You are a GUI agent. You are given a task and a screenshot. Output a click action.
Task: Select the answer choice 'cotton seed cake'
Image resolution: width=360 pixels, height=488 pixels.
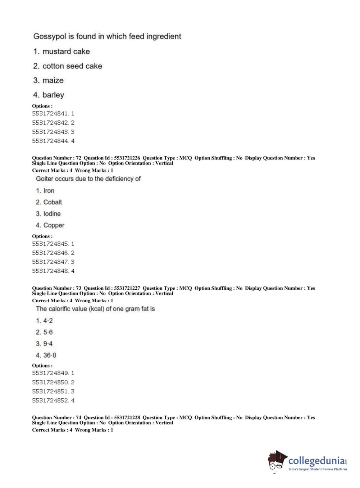[72, 66]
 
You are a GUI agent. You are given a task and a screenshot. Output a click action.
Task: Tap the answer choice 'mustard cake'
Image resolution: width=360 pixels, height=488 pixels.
[66, 51]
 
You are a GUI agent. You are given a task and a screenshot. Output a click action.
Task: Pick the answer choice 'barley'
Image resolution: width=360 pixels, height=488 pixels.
[53, 95]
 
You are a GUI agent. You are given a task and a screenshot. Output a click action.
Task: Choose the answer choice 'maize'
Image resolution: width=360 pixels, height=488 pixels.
[53, 81]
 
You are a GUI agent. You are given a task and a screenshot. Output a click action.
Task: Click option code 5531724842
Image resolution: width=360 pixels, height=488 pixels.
[50, 123]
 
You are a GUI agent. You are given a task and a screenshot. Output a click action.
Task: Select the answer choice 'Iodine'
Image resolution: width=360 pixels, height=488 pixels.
[52, 214]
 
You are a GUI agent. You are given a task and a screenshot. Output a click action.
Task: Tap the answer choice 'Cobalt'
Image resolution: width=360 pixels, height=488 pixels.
[53, 202]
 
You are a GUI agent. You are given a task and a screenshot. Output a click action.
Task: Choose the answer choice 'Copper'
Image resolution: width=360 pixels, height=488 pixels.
[54, 225]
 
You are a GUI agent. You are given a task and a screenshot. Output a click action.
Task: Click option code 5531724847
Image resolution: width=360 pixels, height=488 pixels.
[50, 262]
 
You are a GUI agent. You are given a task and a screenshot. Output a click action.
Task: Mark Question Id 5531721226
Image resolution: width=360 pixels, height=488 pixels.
[127, 158]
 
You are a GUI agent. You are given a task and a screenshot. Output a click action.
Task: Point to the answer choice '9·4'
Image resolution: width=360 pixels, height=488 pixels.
[48, 344]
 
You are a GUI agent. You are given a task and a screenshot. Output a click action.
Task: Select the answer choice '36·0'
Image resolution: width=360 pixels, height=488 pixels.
[50, 355]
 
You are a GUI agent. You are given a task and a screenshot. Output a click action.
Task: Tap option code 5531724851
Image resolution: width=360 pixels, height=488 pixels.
[50, 392]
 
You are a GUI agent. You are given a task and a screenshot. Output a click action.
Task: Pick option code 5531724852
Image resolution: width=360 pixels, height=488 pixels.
[50, 401]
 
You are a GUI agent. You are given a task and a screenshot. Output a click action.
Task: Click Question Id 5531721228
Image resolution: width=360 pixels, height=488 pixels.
[127, 418]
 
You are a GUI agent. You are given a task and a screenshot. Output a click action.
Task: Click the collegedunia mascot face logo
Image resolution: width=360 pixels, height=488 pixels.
[277, 461]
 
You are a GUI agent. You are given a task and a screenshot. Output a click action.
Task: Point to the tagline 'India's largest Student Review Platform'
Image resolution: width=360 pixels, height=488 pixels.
[318, 469]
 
